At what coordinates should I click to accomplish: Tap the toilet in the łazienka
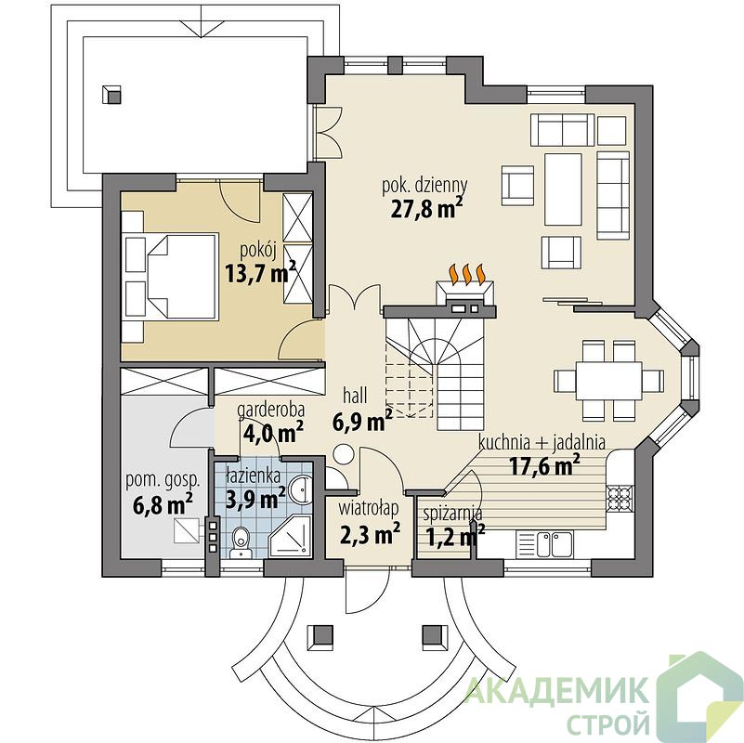pyautogui.click(x=241, y=541)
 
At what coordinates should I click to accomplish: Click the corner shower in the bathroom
pyautogui.click(x=290, y=537)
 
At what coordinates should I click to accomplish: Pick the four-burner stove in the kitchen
pyautogui.click(x=620, y=498)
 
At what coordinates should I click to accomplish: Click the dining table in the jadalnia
pyautogui.click(x=608, y=381)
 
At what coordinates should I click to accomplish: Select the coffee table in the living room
pyautogui.click(x=563, y=189)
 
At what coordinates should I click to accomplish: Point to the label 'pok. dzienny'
pyautogui.click(x=424, y=186)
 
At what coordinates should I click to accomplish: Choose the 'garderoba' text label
pyautogui.click(x=271, y=409)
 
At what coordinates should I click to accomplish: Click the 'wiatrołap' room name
pyautogui.click(x=369, y=509)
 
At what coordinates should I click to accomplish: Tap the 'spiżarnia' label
pyautogui.click(x=452, y=514)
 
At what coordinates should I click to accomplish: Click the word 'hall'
pyautogui.click(x=355, y=396)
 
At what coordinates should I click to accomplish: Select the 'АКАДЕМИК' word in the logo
pyautogui.click(x=557, y=691)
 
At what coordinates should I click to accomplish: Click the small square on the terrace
pyautogui.click(x=112, y=95)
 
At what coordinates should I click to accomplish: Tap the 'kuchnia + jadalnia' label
pyautogui.click(x=542, y=442)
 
